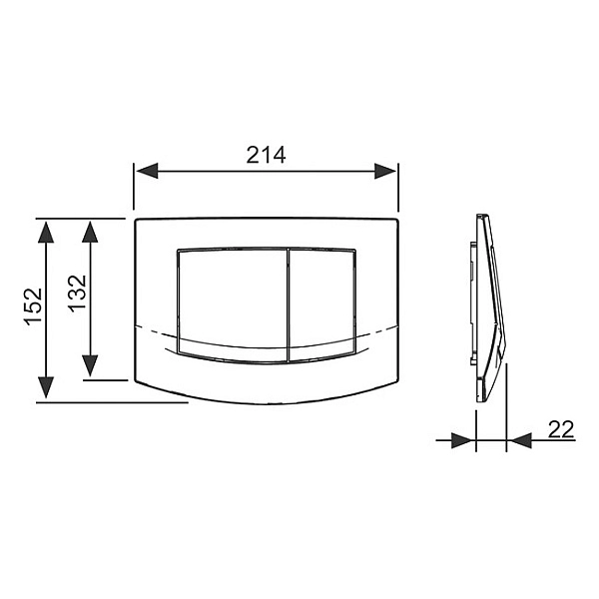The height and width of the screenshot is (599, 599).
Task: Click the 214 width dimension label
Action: coord(266,155)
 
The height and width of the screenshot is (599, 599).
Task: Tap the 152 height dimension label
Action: coord(33,306)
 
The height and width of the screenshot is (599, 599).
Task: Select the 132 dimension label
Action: coord(78,293)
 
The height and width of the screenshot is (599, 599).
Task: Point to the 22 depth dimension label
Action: coord(561,429)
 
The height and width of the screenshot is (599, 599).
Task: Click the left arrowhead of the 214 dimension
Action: coord(147,171)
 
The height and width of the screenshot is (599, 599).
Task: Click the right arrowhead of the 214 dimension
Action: coord(385,171)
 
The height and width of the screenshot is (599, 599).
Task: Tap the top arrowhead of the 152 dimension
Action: coord(46,232)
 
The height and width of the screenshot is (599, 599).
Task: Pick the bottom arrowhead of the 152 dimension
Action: coord(46,387)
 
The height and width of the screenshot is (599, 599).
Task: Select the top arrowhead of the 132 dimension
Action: coord(90,232)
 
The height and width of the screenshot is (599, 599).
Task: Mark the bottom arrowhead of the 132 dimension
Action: coord(90,365)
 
